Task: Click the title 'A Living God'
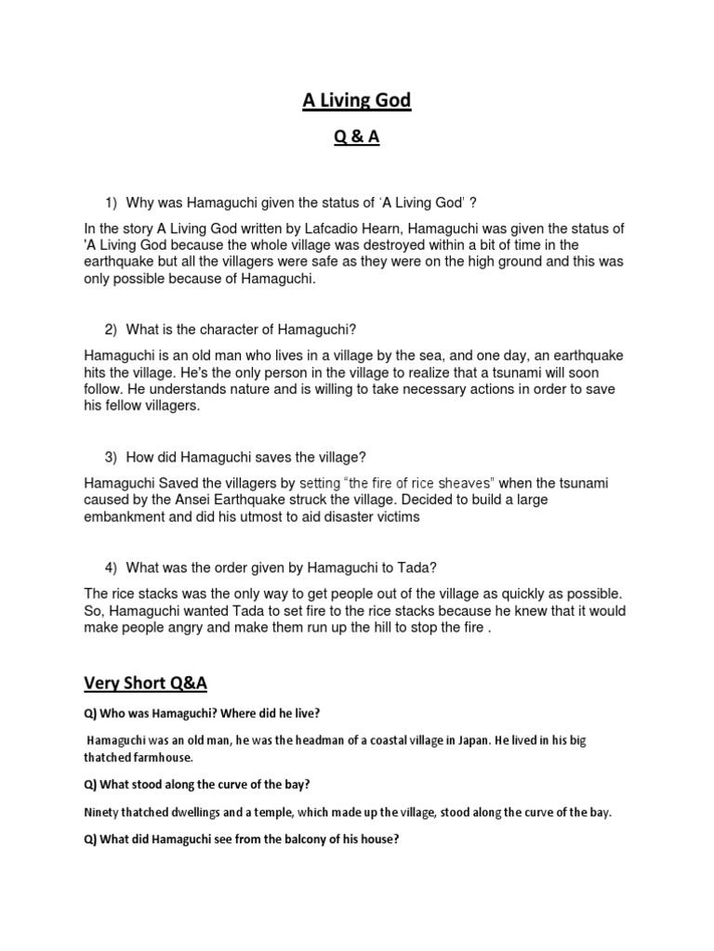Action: (356, 100)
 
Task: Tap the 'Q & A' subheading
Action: (356, 138)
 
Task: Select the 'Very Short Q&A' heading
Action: (146, 684)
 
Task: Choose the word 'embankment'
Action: (127, 517)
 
